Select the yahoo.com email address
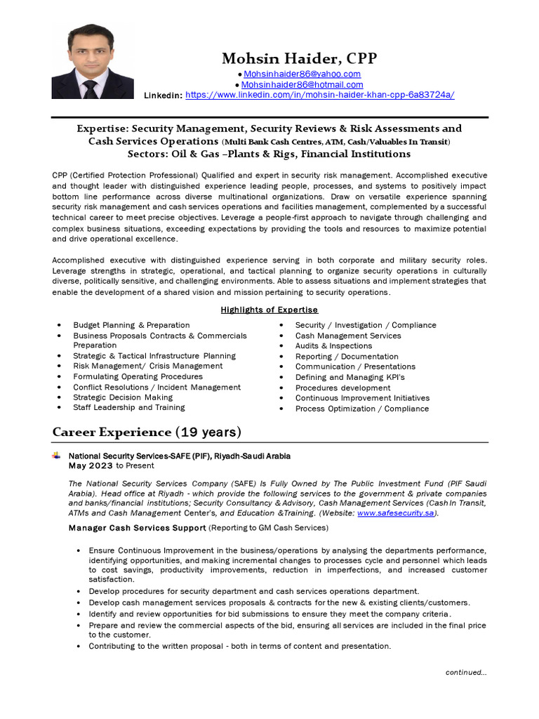(x=302, y=74)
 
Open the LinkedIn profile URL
(x=319, y=95)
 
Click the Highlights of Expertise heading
(x=269, y=310)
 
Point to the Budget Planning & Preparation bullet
(x=131, y=325)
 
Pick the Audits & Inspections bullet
(x=333, y=345)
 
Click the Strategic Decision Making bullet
(x=123, y=397)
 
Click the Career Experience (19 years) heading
(x=147, y=431)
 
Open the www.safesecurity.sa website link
(x=397, y=513)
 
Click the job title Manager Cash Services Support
(x=138, y=527)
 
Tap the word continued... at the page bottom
(x=466, y=672)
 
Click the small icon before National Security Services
(x=56, y=456)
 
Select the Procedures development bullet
(x=342, y=388)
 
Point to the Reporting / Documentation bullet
(x=347, y=356)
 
